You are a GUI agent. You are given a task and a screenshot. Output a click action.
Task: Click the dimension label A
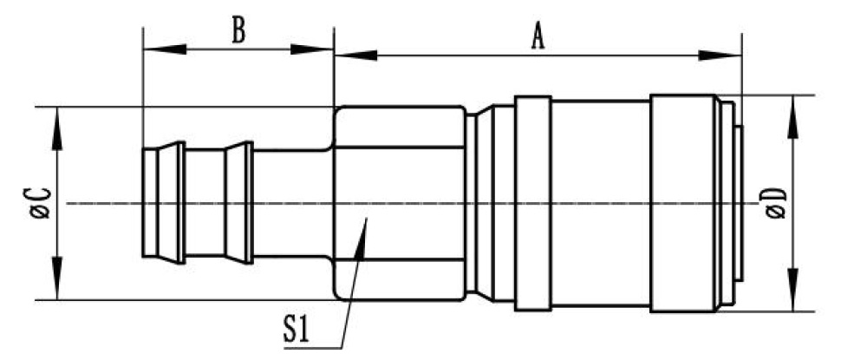538,36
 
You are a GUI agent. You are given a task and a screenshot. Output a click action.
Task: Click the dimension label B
238,30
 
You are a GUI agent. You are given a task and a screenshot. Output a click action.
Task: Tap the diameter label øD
774,203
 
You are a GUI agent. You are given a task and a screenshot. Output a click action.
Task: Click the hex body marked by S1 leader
399,173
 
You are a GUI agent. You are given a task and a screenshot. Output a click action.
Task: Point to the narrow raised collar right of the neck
531,203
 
